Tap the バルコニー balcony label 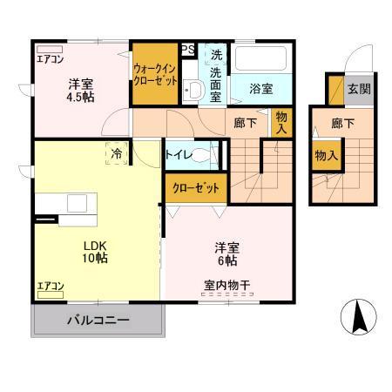98,321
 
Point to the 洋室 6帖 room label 226,253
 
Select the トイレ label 178,154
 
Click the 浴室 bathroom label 261,89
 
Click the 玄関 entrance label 358,88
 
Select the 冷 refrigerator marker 115,153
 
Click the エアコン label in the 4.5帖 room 51,59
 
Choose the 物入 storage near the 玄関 327,156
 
